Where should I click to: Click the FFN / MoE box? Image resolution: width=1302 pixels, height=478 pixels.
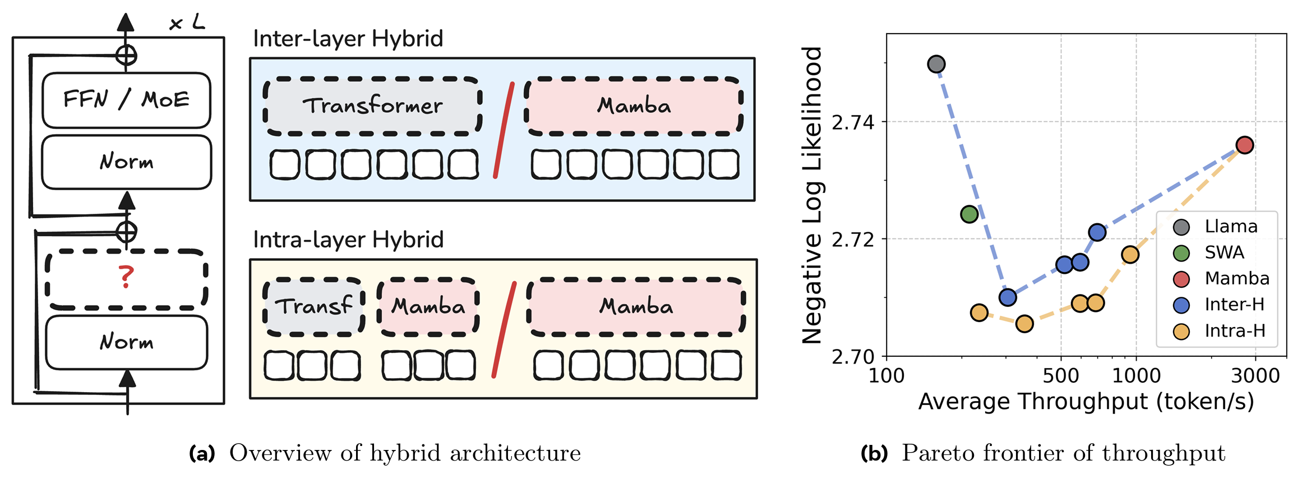coord(126,100)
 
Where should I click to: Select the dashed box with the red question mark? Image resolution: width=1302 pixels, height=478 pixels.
coord(126,279)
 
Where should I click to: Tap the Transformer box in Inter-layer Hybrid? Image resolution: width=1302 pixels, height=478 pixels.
coord(372,106)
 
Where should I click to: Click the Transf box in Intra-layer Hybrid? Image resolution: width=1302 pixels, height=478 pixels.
coord(314,306)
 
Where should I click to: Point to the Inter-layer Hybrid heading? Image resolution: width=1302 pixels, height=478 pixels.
coord(348,39)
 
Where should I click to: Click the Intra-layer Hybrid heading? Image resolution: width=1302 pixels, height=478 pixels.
coord(348,240)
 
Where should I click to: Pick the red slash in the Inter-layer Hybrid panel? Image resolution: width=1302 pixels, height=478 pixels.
coord(504,130)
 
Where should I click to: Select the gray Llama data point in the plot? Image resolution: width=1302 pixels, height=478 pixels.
coord(936,64)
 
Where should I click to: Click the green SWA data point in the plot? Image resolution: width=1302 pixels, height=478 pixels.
coord(969,214)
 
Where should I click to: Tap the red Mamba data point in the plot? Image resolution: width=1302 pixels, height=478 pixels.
coord(1245,145)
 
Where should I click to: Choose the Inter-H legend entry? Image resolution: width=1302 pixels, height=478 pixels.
coord(1219,305)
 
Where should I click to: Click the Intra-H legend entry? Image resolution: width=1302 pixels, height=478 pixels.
coord(1219,331)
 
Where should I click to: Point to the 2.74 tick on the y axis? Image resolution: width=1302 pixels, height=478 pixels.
coord(852,122)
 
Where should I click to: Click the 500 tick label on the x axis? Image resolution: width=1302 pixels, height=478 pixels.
coord(1060,375)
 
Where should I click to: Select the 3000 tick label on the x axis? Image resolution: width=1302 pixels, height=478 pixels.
coord(1255,375)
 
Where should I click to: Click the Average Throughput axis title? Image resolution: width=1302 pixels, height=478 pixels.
coord(1086,402)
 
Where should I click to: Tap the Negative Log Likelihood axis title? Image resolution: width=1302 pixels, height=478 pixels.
coord(811,195)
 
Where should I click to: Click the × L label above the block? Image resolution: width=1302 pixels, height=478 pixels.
coord(187,23)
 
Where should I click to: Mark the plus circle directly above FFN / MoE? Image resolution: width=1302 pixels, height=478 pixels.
coord(126,56)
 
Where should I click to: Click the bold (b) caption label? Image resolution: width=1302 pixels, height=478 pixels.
coord(874,453)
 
